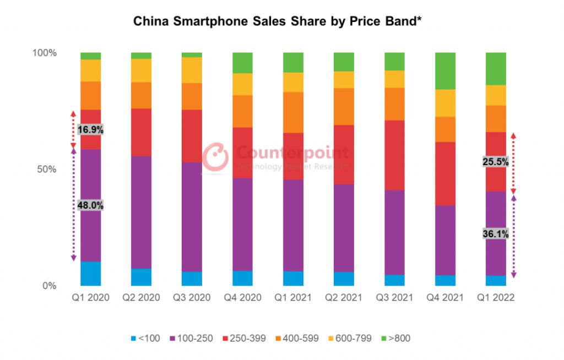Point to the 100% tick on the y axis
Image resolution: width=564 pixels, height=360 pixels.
click(45, 53)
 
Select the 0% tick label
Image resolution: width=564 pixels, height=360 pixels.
click(50, 286)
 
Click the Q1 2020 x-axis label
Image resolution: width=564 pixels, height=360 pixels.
click(90, 298)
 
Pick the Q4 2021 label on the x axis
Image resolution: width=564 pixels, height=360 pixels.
click(445, 298)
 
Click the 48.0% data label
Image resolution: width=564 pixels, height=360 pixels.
click(90, 205)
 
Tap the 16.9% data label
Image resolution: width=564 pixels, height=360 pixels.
click(90, 130)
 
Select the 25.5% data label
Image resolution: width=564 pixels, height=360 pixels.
click(495, 162)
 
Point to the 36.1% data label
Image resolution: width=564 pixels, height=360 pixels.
click(495, 233)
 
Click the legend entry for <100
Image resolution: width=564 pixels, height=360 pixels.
click(145, 338)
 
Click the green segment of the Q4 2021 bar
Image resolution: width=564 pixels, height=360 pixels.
click(445, 70)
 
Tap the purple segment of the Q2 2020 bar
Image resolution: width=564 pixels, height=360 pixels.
click(141, 212)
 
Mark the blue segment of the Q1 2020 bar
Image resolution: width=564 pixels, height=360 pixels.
click(90, 274)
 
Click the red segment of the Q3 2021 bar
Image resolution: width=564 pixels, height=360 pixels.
click(394, 155)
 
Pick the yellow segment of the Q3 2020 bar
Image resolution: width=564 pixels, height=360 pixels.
click(192, 70)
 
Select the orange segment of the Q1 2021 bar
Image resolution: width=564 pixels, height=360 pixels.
click(293, 112)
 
